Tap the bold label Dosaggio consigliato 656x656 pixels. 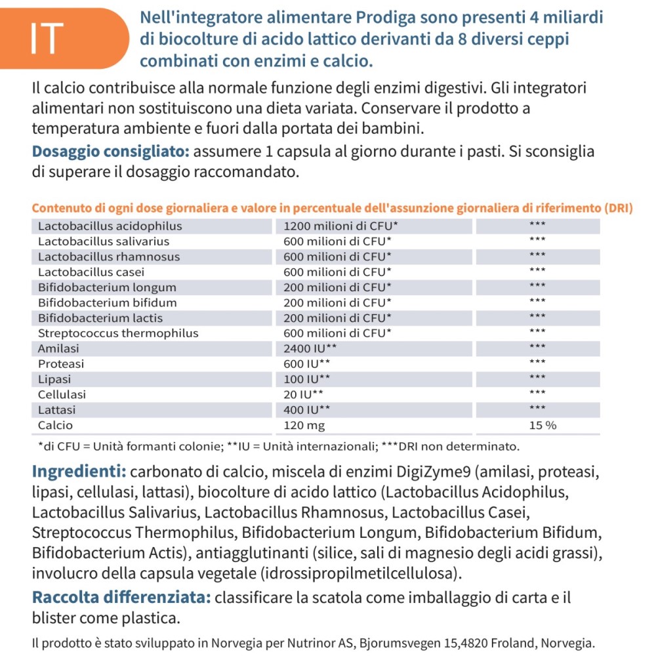click(110, 152)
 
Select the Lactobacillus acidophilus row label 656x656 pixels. click(110, 226)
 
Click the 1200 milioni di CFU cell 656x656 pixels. click(340, 226)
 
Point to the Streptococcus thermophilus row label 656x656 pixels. click(117, 333)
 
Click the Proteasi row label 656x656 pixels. click(61, 363)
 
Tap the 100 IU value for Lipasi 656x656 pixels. click(306, 379)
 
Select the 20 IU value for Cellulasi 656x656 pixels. click(303, 394)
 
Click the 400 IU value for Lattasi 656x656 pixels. click(306, 409)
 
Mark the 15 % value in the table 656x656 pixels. click(543, 425)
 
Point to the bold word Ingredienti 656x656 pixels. click(79, 472)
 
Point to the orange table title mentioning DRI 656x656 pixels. click(332, 209)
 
